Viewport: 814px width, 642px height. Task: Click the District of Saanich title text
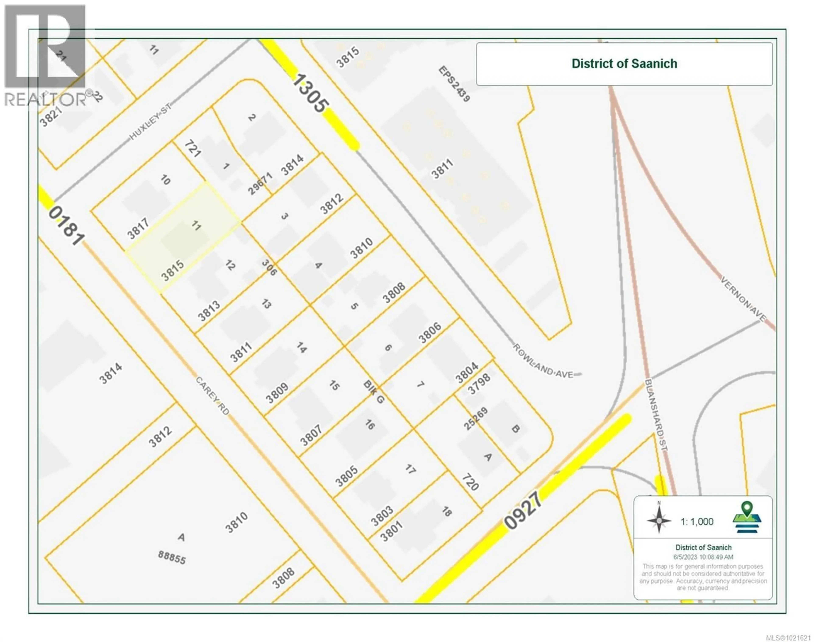pos(624,64)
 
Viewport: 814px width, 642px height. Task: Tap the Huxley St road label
pos(150,121)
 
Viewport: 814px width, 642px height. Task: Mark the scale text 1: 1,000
pos(697,522)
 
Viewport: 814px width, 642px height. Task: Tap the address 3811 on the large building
pos(442,169)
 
